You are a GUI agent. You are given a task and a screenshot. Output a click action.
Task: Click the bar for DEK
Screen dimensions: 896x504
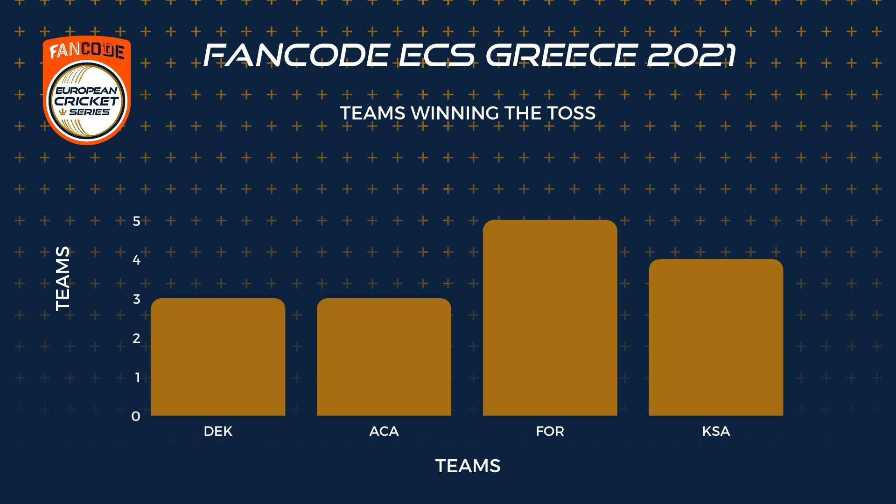[218, 357]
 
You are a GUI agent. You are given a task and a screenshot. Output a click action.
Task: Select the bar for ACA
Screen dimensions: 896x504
[384, 357]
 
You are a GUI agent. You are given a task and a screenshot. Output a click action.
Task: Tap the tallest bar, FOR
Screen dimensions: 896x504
[550, 318]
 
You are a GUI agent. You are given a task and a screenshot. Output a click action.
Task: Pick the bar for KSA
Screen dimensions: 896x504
[716, 337]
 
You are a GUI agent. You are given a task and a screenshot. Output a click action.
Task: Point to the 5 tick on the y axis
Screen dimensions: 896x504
[136, 221]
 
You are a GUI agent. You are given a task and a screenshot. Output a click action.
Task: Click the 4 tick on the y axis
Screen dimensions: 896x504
[136, 260]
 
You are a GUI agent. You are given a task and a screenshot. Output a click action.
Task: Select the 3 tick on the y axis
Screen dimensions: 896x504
[136, 299]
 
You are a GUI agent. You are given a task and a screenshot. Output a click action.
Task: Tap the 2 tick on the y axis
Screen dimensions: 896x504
[136, 338]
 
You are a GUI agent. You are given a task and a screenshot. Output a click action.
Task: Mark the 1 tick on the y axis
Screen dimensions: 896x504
[137, 377]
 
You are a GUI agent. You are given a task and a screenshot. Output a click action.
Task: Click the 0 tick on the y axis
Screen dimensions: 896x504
[136, 416]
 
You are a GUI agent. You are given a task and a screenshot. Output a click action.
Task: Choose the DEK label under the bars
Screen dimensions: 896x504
[218, 431]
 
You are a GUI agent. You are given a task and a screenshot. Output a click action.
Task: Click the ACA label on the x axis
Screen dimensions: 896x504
[384, 431]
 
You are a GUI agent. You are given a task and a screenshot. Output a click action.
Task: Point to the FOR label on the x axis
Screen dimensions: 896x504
[550, 431]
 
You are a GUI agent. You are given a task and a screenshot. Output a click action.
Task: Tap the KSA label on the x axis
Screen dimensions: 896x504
[716, 431]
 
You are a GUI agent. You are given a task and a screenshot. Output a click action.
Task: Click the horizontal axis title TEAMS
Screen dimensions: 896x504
[468, 466]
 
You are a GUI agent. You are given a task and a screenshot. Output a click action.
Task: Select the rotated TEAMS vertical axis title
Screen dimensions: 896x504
[63, 279]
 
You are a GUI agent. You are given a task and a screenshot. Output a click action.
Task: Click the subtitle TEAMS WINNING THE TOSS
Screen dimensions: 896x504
[468, 113]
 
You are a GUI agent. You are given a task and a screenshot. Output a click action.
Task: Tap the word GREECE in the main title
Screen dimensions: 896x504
[561, 55]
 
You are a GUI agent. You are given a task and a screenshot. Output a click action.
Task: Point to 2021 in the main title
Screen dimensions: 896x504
[691, 55]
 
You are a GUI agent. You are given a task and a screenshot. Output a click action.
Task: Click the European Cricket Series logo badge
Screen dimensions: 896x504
[87, 90]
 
